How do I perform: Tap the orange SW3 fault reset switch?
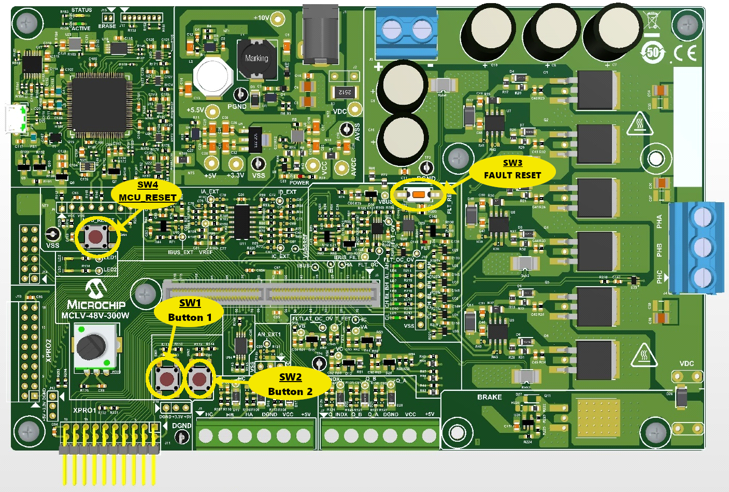419,195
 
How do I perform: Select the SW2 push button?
199,379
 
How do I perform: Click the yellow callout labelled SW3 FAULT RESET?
512,170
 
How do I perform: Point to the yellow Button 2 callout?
290,384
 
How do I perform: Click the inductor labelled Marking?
256,59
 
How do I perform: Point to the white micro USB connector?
16,119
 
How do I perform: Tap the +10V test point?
278,20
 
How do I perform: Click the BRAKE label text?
489,397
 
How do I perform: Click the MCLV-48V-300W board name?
95,315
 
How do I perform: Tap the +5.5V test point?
212,110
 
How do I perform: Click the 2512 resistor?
344,92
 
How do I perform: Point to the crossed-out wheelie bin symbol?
652,20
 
